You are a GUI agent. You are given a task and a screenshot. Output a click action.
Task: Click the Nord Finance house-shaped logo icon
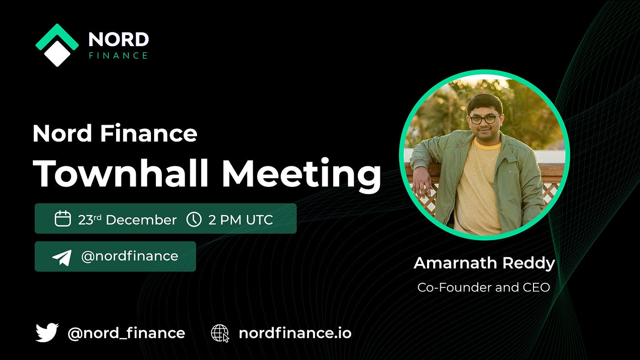[57, 45]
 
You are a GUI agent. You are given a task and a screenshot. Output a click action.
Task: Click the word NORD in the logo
[118, 39]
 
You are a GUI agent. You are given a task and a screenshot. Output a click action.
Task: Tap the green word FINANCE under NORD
[118, 55]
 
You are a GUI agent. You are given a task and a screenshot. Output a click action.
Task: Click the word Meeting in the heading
[302, 175]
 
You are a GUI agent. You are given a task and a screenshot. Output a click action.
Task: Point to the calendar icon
[63, 218]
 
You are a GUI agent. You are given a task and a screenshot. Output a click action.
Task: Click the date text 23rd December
[127, 220]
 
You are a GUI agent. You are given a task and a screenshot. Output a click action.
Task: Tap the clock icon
[194, 219]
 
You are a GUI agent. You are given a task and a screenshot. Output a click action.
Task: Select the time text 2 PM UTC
[240, 220]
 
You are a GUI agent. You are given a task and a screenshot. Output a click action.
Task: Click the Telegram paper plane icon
[62, 258]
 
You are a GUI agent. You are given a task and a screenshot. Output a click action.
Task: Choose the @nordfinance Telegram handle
[129, 256]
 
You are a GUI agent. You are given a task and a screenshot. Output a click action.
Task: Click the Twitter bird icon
[47, 332]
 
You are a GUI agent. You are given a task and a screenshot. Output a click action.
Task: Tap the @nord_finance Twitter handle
[126, 334]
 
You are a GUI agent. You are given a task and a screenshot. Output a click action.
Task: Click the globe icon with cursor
[220, 333]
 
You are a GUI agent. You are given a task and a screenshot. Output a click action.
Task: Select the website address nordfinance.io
[295, 333]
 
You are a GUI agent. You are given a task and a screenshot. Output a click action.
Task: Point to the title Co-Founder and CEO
[484, 287]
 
